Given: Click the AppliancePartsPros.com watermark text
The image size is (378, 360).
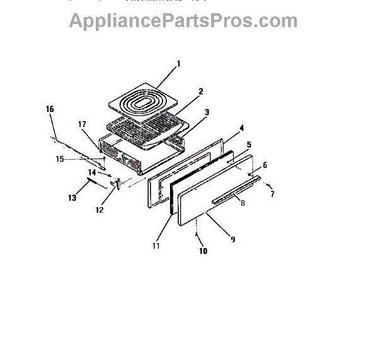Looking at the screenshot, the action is (183, 20).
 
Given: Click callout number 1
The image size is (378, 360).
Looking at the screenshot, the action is (178, 64).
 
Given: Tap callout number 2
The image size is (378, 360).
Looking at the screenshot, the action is (200, 91).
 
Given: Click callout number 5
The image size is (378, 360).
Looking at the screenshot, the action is (249, 145).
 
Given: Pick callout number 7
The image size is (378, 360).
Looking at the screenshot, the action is (273, 194).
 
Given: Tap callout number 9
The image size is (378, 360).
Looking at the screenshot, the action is (232, 240).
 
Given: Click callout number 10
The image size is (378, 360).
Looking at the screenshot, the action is (203, 251).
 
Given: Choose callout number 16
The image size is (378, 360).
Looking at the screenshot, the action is (50, 109).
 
